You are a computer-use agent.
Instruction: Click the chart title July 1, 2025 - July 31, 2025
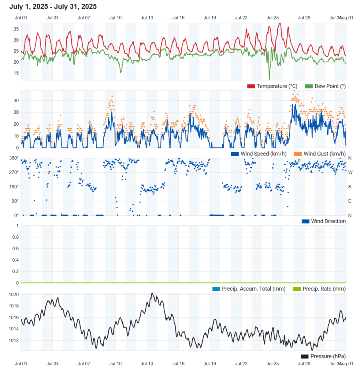(53, 6)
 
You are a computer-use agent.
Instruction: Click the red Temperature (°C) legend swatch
(251, 86)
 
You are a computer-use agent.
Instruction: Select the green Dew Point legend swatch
(309, 86)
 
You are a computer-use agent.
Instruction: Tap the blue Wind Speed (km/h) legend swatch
(235, 154)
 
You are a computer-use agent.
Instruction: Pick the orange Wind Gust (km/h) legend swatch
(298, 154)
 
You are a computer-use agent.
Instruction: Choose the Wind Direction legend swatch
(305, 221)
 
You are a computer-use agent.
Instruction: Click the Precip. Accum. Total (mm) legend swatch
(216, 289)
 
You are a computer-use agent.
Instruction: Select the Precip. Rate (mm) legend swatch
(297, 289)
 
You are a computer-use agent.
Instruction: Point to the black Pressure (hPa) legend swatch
(304, 356)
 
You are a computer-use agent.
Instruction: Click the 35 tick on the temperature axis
(16, 29)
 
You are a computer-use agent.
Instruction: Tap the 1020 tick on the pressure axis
(14, 295)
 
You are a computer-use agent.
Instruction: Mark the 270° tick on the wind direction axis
(14, 172)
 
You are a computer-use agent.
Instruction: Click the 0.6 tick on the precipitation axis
(15, 248)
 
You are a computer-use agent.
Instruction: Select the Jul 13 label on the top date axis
(147, 18)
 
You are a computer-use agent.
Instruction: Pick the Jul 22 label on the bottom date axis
(241, 364)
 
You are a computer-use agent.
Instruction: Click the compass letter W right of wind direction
(350, 172)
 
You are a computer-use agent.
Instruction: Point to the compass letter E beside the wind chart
(350, 201)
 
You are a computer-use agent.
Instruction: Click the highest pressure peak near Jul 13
(152, 293)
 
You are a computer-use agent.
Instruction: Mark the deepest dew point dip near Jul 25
(269, 79)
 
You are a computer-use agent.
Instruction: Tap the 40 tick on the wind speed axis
(16, 101)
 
